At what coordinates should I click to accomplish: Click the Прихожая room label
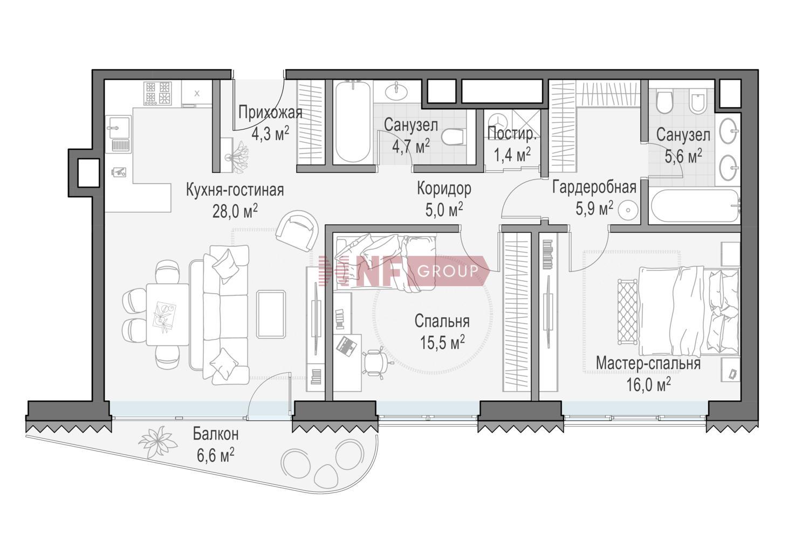(270, 113)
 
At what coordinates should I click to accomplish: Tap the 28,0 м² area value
(235, 211)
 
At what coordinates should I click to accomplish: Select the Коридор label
(444, 189)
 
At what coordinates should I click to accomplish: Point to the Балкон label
(216, 434)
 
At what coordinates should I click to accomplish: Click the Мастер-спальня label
(648, 363)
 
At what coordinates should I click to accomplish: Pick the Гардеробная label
(594, 187)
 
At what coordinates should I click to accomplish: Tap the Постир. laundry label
(511, 134)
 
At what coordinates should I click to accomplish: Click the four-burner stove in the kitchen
(157, 93)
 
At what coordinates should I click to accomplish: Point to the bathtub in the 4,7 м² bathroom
(353, 122)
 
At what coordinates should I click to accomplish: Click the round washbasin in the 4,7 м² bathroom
(396, 91)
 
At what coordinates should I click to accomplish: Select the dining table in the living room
(168, 314)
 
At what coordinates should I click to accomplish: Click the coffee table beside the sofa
(271, 314)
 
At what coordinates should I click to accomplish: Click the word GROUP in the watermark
(448, 270)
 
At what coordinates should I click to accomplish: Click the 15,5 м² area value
(442, 342)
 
